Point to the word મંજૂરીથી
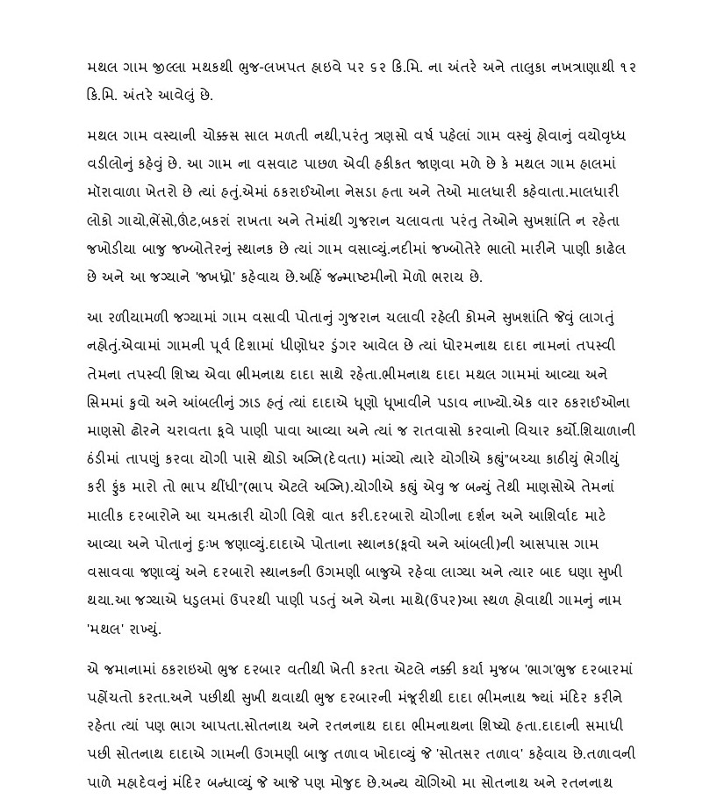pyautogui.click(x=428, y=698)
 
